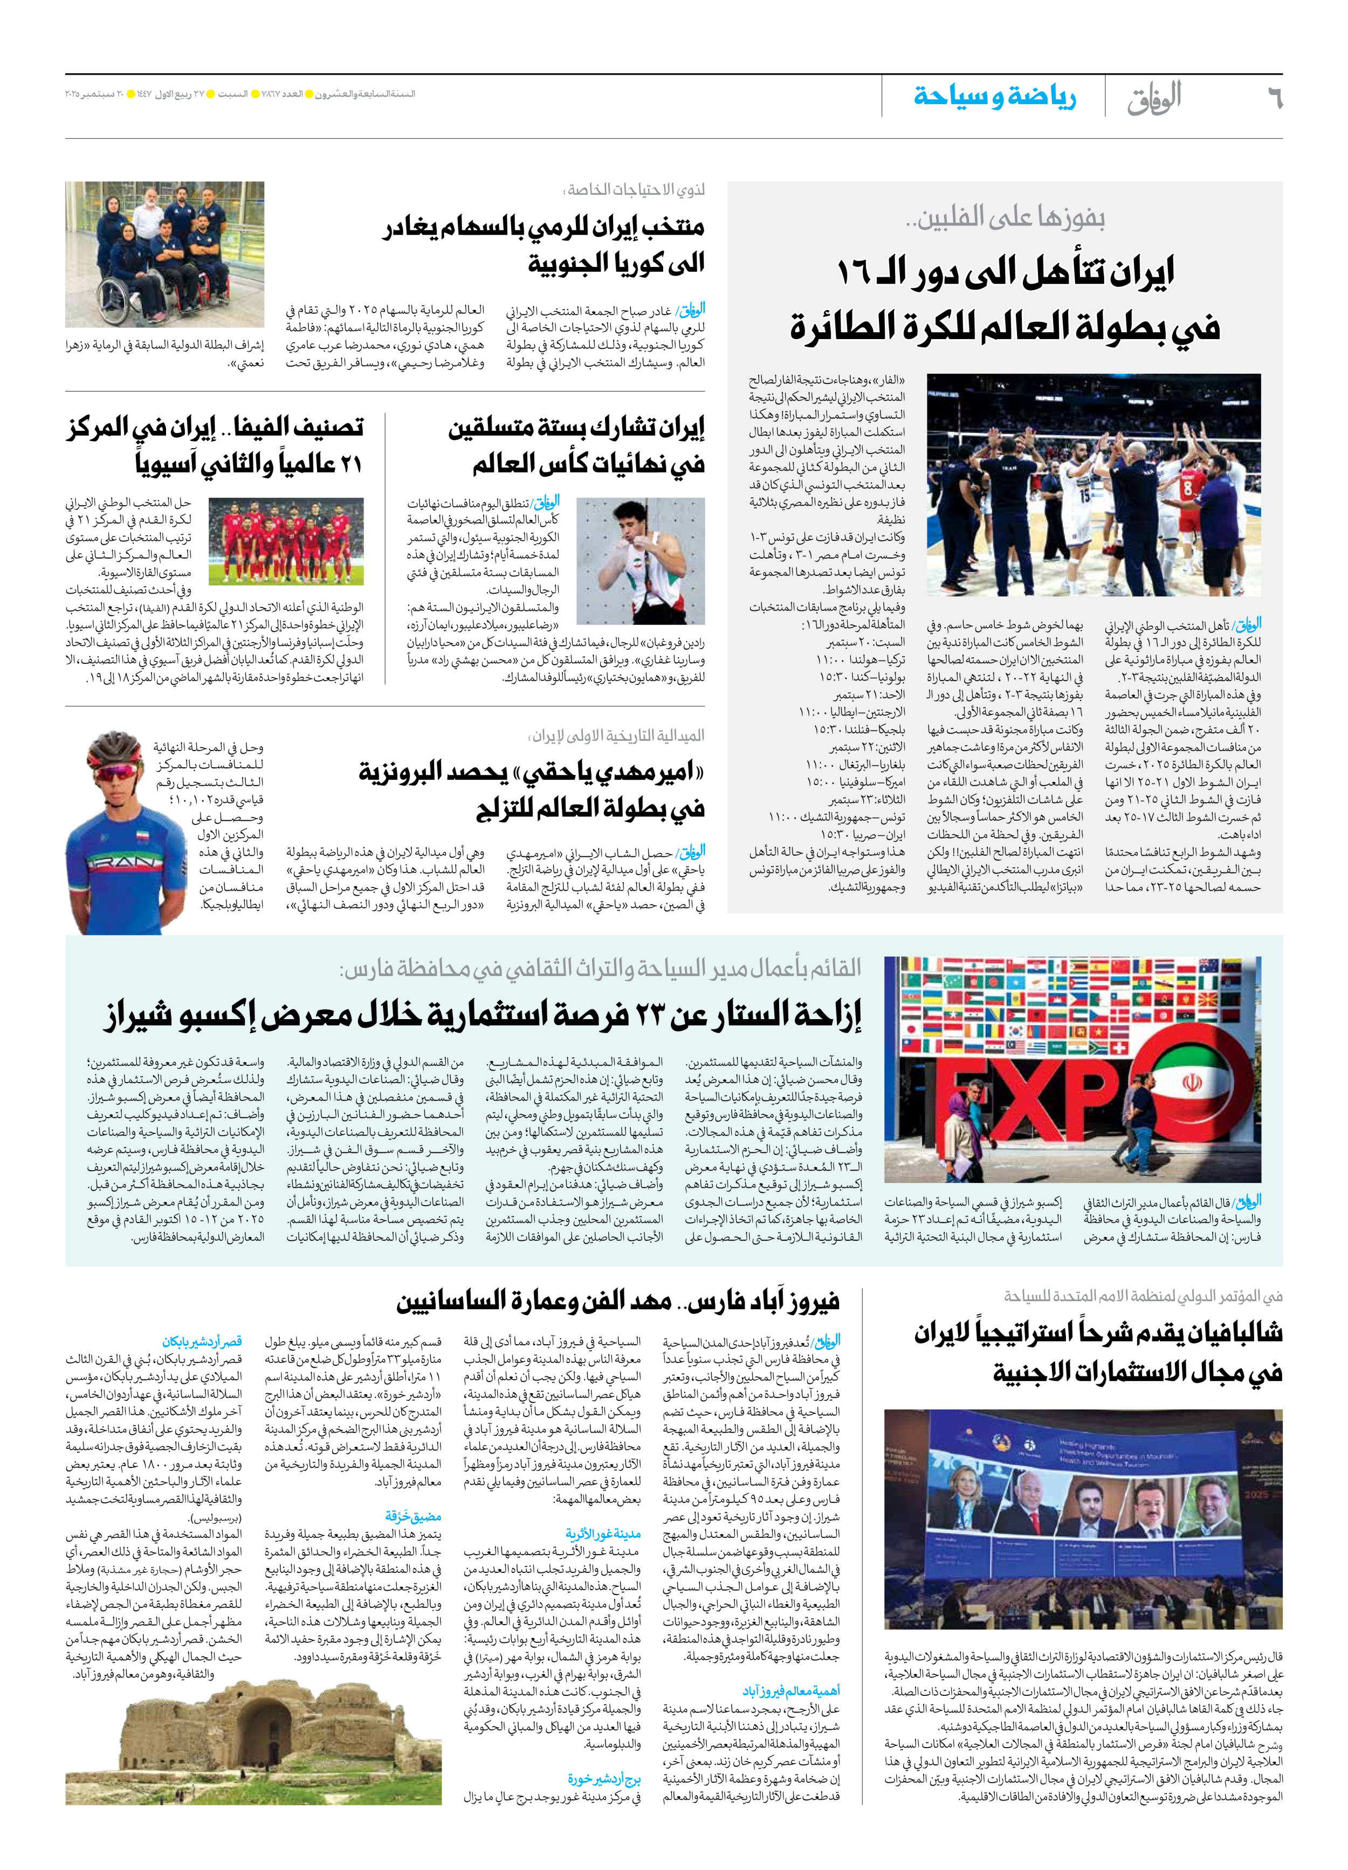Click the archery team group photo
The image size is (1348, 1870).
pyautogui.click(x=165, y=254)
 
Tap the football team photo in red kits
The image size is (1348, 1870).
pyautogui.click(x=286, y=540)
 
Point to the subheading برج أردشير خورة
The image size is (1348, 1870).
pyautogui.click(x=604, y=1778)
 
